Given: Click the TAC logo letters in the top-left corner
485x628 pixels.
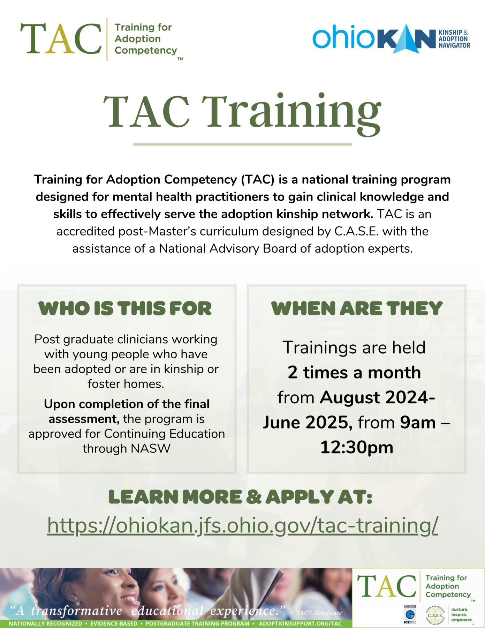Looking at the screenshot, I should click(x=61, y=39).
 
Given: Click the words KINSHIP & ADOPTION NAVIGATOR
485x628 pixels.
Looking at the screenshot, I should click(x=454, y=39).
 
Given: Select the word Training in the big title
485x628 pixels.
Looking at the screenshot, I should click(x=292, y=112).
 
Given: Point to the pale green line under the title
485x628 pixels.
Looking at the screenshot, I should click(x=242, y=144).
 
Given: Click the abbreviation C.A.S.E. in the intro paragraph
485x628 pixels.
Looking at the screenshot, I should click(x=356, y=231).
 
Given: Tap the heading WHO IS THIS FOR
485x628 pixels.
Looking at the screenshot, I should click(x=125, y=309).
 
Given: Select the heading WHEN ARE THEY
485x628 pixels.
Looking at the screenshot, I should click(x=357, y=309).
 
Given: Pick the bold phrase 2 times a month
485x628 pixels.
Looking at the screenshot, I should click(x=354, y=373).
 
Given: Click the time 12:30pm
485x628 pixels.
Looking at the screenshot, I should click(x=357, y=447).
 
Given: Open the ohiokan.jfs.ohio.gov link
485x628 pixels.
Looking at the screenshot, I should click(x=242, y=525).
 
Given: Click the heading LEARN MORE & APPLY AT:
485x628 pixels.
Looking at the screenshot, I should click(x=240, y=497).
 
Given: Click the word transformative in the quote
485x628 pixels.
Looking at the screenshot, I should click(x=77, y=611).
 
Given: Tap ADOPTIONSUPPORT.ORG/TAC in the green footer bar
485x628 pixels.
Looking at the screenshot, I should click(x=300, y=623).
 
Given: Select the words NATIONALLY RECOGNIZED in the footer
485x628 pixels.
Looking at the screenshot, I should click(x=46, y=623).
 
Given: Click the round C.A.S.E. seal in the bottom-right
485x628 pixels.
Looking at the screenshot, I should click(x=435, y=615).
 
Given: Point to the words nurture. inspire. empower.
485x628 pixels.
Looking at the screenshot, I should click(x=462, y=615).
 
